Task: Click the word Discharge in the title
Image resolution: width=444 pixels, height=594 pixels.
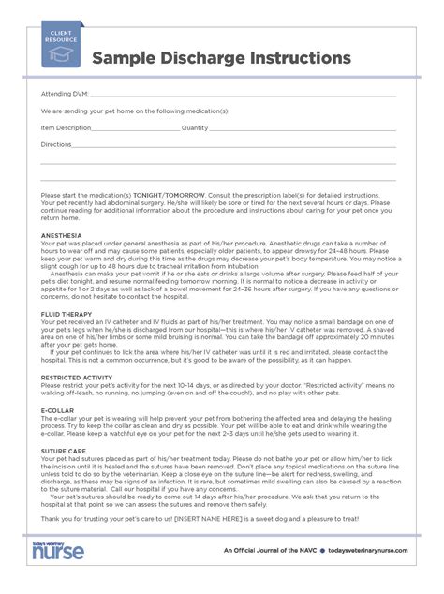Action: point(205,59)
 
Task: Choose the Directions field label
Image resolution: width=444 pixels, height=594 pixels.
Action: point(56,145)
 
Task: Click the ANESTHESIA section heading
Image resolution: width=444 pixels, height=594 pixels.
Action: point(62,234)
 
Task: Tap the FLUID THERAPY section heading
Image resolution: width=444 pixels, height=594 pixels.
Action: point(66,314)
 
